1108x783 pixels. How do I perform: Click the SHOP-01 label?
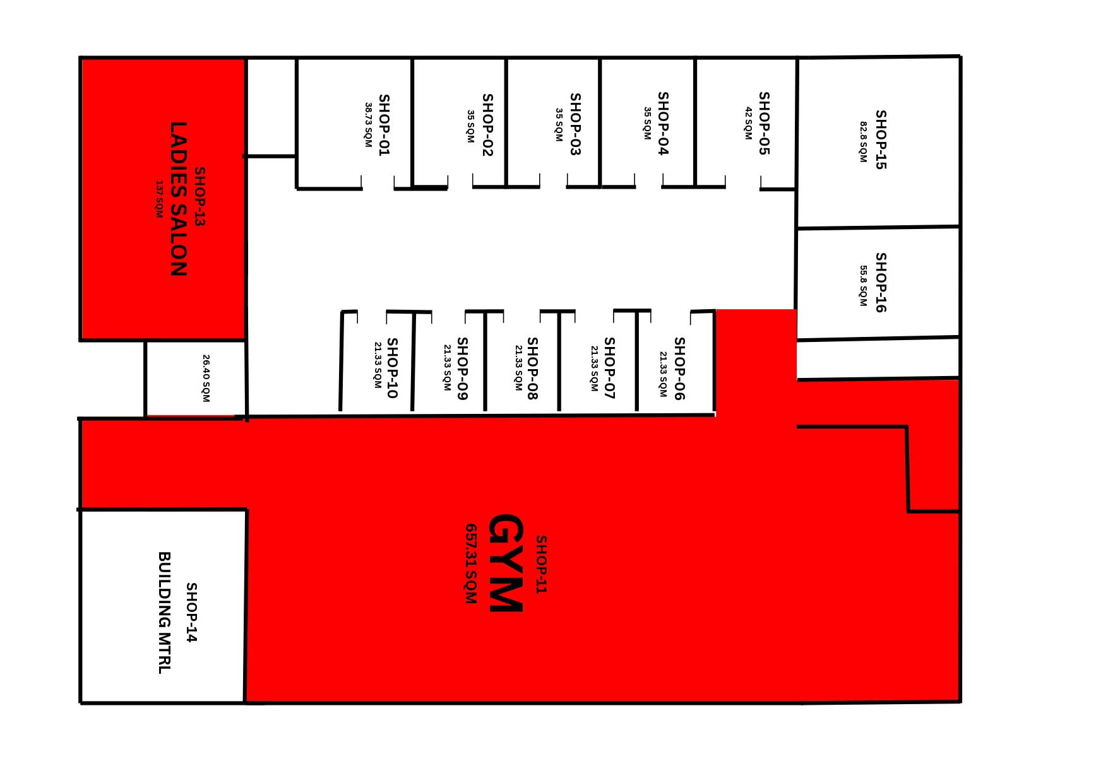point(384,124)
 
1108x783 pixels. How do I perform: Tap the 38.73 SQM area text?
point(369,125)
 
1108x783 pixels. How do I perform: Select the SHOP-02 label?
point(487,124)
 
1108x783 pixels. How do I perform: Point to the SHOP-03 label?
point(575,124)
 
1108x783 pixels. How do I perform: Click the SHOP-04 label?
point(663,123)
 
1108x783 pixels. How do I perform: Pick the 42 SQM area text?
point(748,123)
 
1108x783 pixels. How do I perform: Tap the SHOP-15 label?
point(881,139)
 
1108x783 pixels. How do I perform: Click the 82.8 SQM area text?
point(863,142)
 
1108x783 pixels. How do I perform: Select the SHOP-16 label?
point(881,282)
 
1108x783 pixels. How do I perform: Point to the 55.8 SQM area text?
point(863,286)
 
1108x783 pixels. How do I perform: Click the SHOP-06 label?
point(679,368)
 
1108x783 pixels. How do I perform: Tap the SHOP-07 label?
point(609,368)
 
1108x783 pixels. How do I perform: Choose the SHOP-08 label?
point(532,368)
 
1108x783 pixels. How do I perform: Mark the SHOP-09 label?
point(462,368)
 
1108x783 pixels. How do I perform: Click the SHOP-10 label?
point(392,368)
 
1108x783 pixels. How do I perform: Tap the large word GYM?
point(506,562)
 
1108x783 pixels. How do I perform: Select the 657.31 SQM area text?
point(470,563)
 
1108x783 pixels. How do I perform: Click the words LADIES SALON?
point(179,199)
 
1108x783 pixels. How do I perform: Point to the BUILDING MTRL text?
point(164,613)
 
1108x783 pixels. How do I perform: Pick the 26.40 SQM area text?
point(206,378)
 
